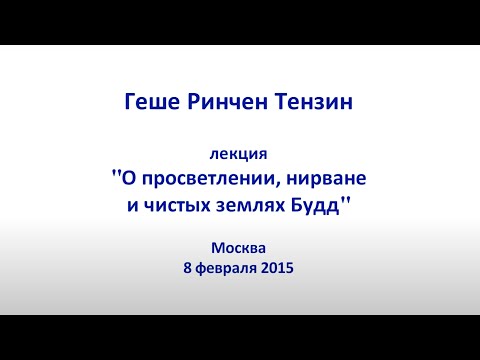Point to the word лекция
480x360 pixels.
[x=240, y=155]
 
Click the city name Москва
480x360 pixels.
[x=240, y=247]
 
